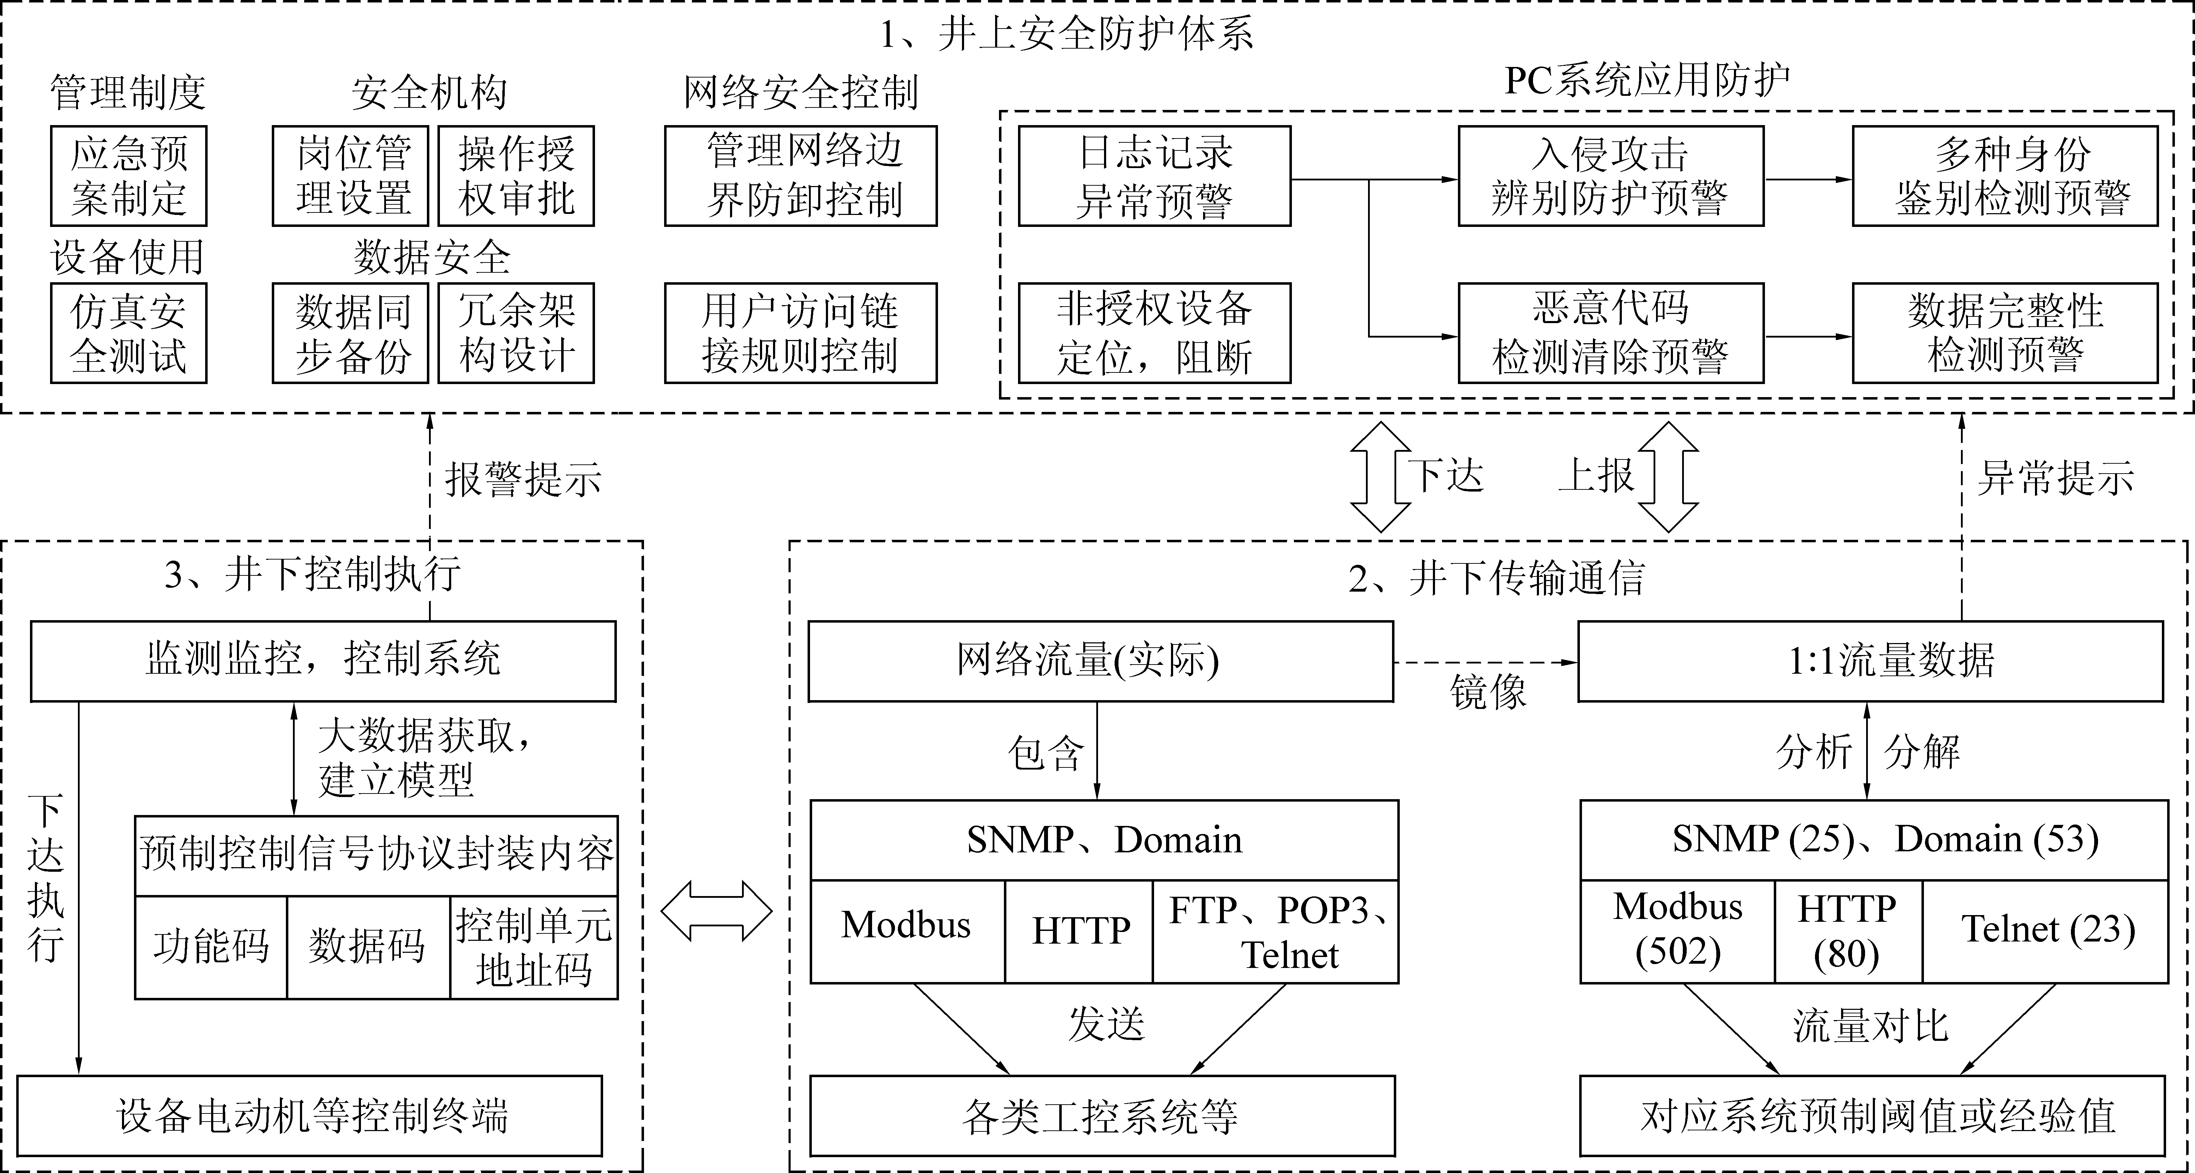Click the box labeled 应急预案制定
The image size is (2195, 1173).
tap(129, 175)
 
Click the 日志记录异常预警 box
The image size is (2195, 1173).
tap(1154, 175)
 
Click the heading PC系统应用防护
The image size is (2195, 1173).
tap(1646, 81)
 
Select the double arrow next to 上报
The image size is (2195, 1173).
tap(1668, 477)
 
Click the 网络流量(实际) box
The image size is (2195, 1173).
tap(1100, 661)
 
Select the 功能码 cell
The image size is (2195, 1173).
tap(210, 946)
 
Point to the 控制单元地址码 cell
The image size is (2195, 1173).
tap(533, 946)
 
